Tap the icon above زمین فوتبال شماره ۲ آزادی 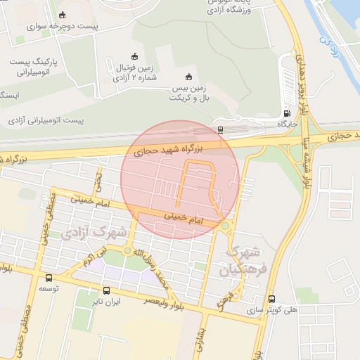click(x=135, y=56)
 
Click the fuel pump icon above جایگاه click(x=286, y=113)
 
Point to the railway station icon click(x=221, y=129)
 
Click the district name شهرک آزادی click(x=99, y=231)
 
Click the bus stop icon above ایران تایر click(x=107, y=290)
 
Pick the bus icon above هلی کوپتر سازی click(x=272, y=298)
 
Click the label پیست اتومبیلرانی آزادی click(x=46, y=120)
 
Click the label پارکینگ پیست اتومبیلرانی click(x=29, y=66)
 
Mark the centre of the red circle click(x=180, y=179)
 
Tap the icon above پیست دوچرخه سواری click(x=63, y=15)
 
